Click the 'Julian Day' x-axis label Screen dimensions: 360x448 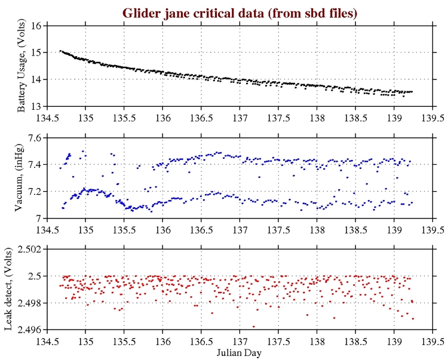pos(240,353)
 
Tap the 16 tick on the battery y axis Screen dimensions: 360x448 pos(35,26)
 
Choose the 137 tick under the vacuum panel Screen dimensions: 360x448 pos(240,229)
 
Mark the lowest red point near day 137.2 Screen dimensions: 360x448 pos(254,327)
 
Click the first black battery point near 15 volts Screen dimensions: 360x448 pos(60,51)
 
